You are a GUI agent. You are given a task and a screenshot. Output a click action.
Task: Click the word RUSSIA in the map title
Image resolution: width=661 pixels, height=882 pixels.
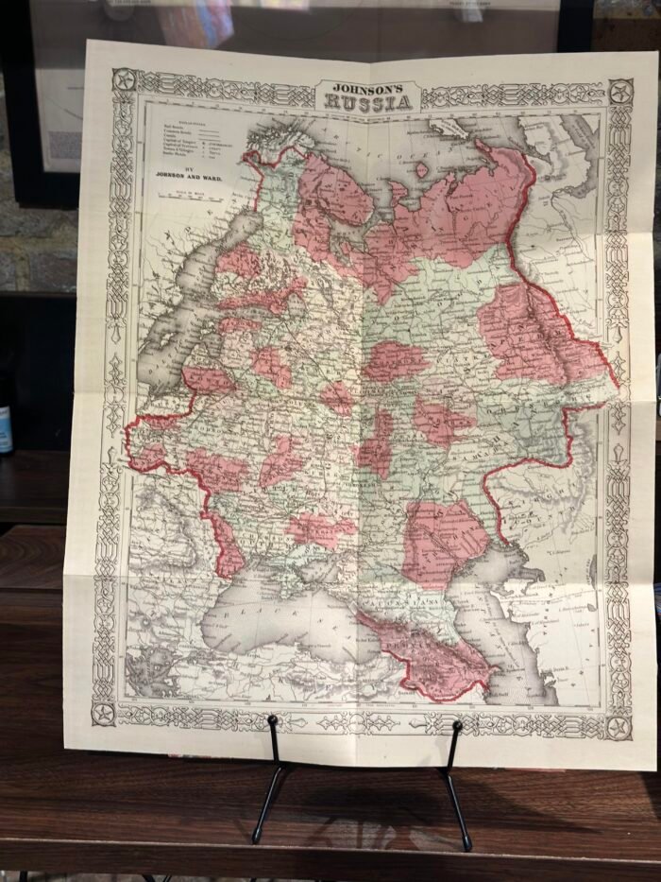370,102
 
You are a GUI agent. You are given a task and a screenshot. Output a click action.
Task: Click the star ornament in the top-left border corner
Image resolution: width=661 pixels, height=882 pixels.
124,80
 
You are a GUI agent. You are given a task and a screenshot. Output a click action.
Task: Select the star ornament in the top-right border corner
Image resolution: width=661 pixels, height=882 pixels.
619,92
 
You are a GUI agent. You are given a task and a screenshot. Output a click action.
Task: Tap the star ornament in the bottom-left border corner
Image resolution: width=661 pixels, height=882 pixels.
104,710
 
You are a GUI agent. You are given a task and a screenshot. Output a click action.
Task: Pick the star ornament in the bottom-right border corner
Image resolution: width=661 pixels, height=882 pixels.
618,726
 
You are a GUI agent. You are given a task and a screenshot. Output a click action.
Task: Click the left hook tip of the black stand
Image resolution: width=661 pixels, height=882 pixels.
272,721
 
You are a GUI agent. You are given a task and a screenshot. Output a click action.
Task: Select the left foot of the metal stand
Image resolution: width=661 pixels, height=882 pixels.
255,839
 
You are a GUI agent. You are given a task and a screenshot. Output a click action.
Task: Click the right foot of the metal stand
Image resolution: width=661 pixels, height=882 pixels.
467,846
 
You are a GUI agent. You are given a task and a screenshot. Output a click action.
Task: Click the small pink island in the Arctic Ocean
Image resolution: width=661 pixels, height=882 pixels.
422,170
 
